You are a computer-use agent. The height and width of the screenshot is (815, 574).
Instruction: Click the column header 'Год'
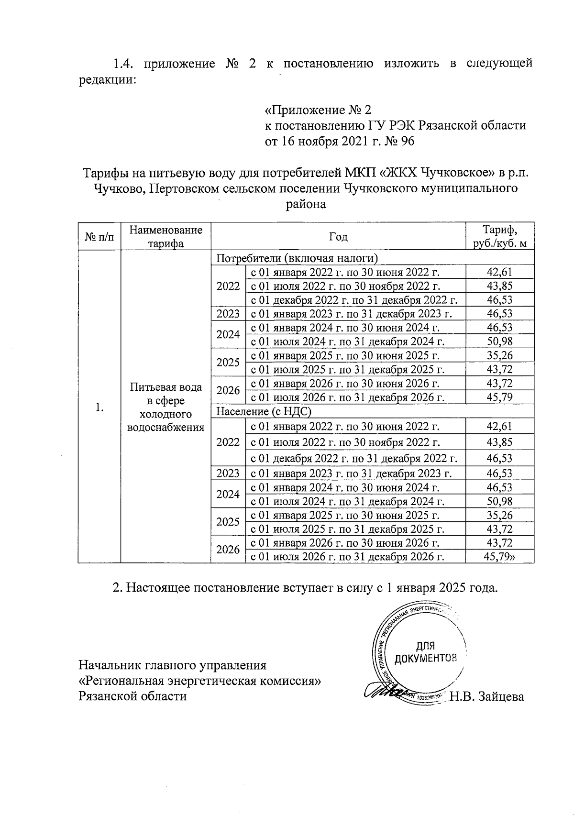pyautogui.click(x=338, y=237)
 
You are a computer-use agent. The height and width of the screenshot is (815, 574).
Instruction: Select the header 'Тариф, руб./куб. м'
pyautogui.click(x=500, y=237)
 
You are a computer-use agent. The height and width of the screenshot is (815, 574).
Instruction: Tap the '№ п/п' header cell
pyautogui.click(x=99, y=237)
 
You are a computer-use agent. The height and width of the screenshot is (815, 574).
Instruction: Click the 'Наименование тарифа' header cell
pyautogui.click(x=166, y=237)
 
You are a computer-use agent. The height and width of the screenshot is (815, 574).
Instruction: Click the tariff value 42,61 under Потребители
pyautogui.click(x=499, y=273)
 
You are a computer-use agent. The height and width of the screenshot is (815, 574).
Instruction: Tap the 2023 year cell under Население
pyautogui.click(x=228, y=474)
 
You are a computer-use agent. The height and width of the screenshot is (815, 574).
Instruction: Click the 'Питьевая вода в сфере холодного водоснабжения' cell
pyautogui.click(x=166, y=407)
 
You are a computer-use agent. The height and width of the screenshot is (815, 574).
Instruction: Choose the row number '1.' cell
pyautogui.click(x=99, y=407)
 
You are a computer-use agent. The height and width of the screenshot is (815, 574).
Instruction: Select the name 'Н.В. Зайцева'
pyautogui.click(x=487, y=697)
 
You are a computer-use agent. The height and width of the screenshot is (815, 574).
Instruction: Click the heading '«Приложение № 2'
pyautogui.click(x=318, y=110)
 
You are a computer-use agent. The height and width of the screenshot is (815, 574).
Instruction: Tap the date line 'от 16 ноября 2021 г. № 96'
pyautogui.click(x=340, y=142)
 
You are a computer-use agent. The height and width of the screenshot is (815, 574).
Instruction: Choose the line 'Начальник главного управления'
pyautogui.click(x=172, y=665)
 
